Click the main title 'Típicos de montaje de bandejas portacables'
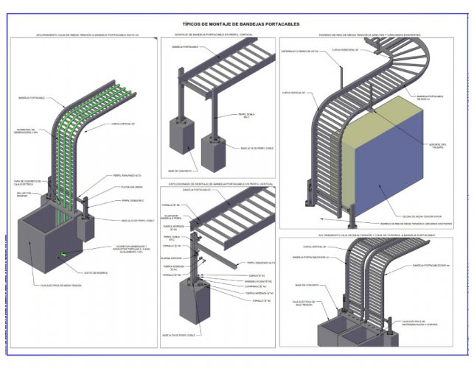tap(241, 24)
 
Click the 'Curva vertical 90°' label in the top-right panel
tap(293, 93)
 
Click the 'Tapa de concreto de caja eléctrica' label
tap(27, 183)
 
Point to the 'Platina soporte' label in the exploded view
tap(171, 258)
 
